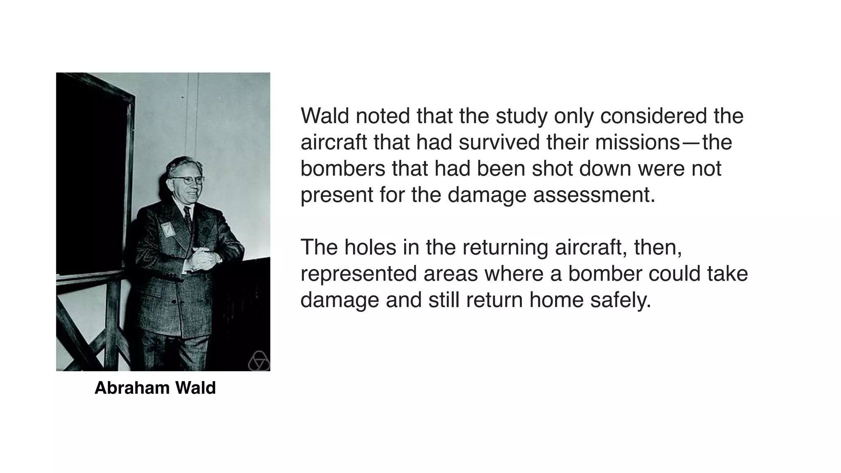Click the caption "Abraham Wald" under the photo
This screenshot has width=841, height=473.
pyautogui.click(x=155, y=388)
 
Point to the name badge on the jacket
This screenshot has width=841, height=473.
pyautogui.click(x=168, y=229)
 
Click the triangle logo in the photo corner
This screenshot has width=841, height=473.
pyautogui.click(x=259, y=361)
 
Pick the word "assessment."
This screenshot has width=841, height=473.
pyautogui.click(x=594, y=195)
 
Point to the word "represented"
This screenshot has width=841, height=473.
pyautogui.click(x=358, y=274)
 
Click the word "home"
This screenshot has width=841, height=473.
pyautogui.click(x=556, y=300)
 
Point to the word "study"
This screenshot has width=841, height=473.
pyautogui.click(x=522, y=117)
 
